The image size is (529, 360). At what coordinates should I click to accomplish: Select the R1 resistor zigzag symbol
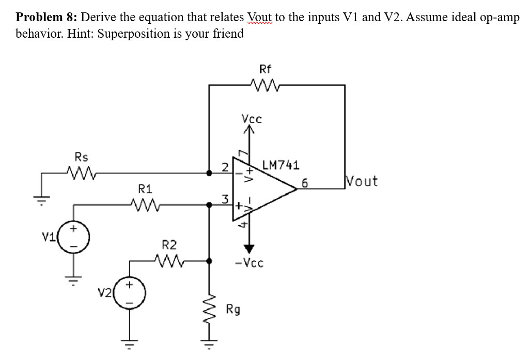coord(141,205)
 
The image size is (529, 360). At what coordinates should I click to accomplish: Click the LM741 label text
coord(281,165)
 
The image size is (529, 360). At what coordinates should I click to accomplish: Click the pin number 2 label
coord(225,166)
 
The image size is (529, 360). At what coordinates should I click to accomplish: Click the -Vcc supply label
coord(248,263)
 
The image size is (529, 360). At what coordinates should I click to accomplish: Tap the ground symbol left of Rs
coord(44,196)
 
